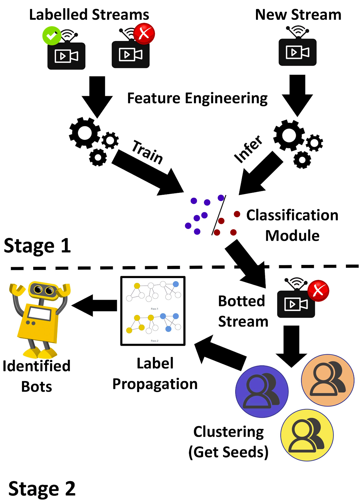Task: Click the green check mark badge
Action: click(x=52, y=36)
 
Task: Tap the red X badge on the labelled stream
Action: click(x=144, y=34)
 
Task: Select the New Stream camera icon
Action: click(x=298, y=52)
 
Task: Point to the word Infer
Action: click(x=248, y=149)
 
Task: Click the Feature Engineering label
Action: click(x=197, y=98)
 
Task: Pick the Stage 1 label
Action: click(x=37, y=246)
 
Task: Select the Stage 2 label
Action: click(x=42, y=488)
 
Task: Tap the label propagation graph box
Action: click(x=153, y=311)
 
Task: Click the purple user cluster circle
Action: click(x=262, y=391)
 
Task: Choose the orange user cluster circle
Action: click(x=328, y=380)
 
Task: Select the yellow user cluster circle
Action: click(x=307, y=435)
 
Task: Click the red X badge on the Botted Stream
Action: click(x=318, y=291)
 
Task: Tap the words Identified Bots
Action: click(x=37, y=376)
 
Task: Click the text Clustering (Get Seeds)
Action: click(x=228, y=442)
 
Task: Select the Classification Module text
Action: click(x=292, y=225)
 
